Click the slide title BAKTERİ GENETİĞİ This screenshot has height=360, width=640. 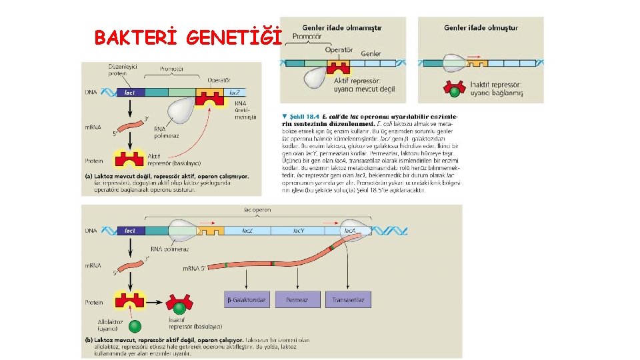point(189,38)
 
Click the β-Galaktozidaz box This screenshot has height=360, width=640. point(246,300)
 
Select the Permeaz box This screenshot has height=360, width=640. point(297,300)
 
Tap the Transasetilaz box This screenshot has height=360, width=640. point(349,300)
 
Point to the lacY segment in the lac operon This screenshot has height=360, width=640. point(300,231)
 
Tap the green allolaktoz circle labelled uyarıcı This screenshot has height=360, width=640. point(135,326)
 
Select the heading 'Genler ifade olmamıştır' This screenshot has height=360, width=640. point(342,28)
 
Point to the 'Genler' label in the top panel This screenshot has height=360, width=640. point(371,53)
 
